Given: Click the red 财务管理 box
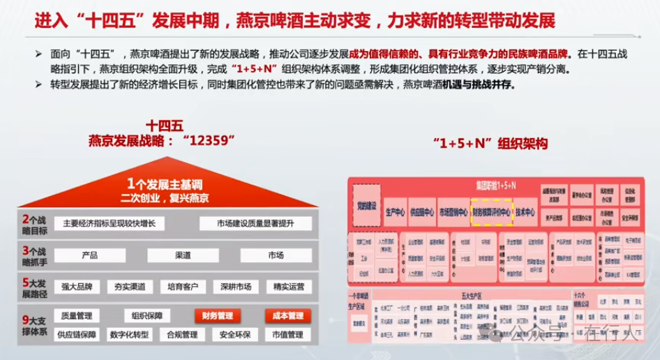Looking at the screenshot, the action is pyautogui.click(x=216, y=316).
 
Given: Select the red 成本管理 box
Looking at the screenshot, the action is pyautogui.click(x=287, y=316).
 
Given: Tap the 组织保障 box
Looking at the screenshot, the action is pyautogui.click(x=147, y=316).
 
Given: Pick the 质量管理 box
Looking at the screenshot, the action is pyautogui.click(x=77, y=316).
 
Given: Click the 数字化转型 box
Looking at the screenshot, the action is pyautogui.click(x=129, y=335).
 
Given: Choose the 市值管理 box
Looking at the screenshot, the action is pyautogui.click(x=287, y=335).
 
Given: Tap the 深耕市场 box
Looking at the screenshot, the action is pyautogui.click(x=234, y=286).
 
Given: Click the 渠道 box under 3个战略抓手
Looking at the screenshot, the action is pyautogui.click(x=183, y=255).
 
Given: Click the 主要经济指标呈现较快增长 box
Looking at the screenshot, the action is pyautogui.click(x=114, y=224).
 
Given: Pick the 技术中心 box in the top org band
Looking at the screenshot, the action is pyautogui.click(x=525, y=212).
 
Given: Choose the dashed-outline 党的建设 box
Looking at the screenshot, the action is pyautogui.click(x=366, y=206).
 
